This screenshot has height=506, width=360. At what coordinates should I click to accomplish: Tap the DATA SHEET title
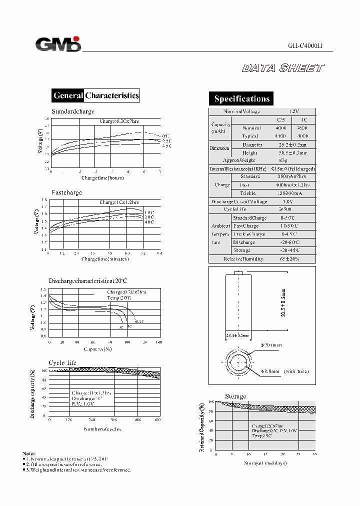[x=283, y=68]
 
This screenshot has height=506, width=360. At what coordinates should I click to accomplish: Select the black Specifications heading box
[x=241, y=98]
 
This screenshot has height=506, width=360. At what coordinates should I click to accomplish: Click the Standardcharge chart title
[x=72, y=111]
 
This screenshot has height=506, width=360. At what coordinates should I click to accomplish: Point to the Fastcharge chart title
[x=66, y=192]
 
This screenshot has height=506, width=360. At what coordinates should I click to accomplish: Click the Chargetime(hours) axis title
[x=102, y=178]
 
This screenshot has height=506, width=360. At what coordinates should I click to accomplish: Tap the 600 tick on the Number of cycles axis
[x=158, y=420]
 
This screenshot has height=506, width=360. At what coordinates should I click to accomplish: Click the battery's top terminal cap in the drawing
[x=238, y=273]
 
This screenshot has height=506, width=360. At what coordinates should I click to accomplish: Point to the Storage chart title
[x=235, y=396]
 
